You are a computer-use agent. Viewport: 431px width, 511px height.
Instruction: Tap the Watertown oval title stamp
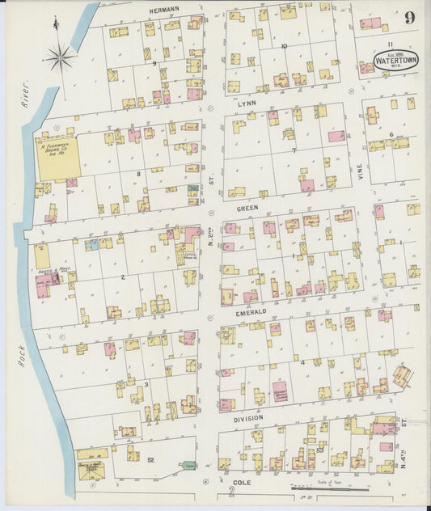395,60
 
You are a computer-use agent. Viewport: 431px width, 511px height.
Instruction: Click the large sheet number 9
411,18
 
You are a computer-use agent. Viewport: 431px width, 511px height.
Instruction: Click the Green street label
247,207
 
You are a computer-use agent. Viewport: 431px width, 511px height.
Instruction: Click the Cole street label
243,484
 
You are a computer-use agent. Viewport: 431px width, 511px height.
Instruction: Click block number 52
150,459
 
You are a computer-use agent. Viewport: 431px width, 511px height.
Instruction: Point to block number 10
283,46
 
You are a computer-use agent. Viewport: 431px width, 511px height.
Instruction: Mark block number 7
294,150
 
